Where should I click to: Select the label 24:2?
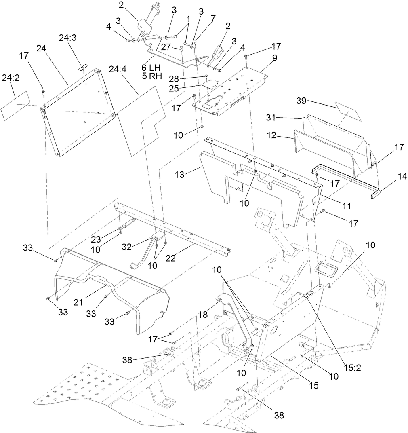point(11,78)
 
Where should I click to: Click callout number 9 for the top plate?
point(274,58)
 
